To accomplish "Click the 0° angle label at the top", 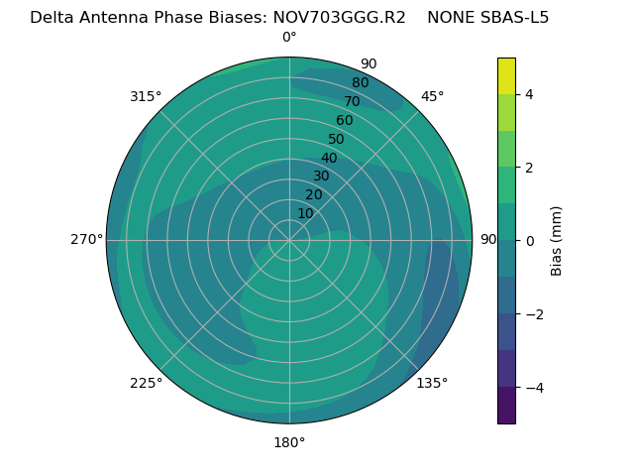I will click(x=289, y=38).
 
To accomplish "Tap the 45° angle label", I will click(x=433, y=96).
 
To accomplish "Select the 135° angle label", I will click(x=432, y=383).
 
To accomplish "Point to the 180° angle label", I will click(x=289, y=442).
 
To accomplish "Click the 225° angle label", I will click(x=146, y=383).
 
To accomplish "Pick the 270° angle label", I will click(x=86, y=239).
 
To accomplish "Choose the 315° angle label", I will click(x=146, y=96).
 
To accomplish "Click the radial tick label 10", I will click(x=305, y=213).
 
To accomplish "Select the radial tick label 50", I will click(x=336, y=140).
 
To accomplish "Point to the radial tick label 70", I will click(x=352, y=102).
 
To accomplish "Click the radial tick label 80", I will click(x=360, y=83).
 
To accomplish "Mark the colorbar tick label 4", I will click(x=529, y=94).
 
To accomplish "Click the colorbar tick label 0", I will click(x=529, y=241).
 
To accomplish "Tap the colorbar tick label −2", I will click(x=532, y=314).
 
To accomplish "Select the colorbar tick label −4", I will click(x=532, y=388).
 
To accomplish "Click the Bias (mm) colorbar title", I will click(x=557, y=241).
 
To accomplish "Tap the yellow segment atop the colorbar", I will click(x=506, y=75).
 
